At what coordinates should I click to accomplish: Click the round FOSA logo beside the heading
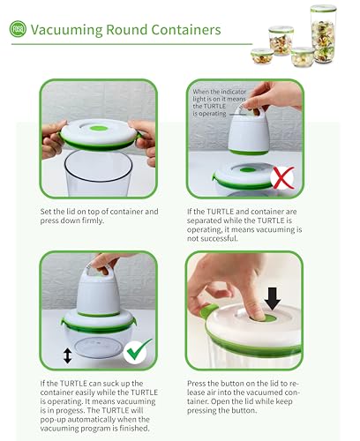(18, 29)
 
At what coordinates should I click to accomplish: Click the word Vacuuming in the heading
(66, 30)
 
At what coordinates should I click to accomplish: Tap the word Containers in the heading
(186, 29)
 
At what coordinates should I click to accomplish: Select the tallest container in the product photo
(323, 34)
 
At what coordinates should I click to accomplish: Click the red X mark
(283, 178)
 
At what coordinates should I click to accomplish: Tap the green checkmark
(138, 350)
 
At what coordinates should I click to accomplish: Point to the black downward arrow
(273, 298)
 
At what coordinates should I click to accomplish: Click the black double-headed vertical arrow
(68, 355)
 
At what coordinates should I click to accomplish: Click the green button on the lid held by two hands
(99, 128)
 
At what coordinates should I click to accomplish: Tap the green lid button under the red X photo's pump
(247, 170)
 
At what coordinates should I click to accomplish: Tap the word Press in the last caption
(196, 384)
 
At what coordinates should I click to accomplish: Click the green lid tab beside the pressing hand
(208, 310)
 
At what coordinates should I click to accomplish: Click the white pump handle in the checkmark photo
(97, 270)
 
